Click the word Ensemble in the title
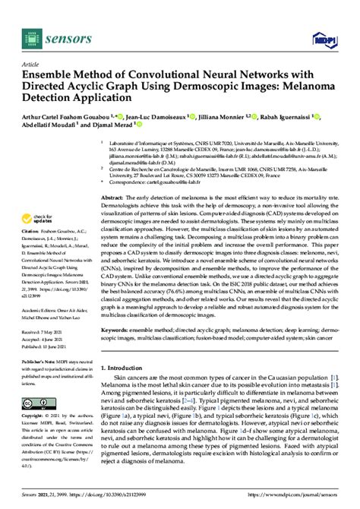click(x=52, y=76)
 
